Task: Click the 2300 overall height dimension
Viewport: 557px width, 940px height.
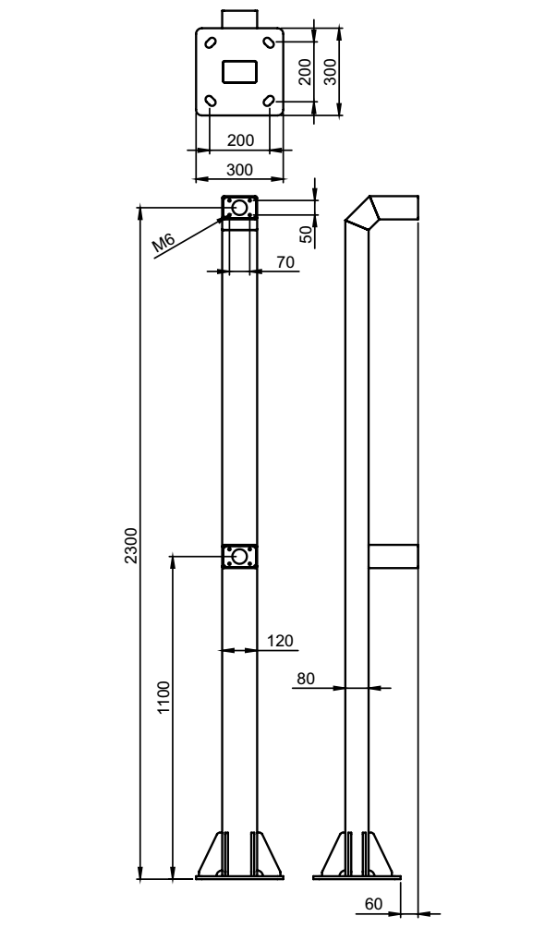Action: point(131,545)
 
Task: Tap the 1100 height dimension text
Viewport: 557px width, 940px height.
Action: point(163,697)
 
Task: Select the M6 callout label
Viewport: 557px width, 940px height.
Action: point(163,243)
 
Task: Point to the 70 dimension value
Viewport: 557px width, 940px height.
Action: point(285,262)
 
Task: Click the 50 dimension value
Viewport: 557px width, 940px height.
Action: point(307,235)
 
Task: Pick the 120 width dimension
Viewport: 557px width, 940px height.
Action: point(279,641)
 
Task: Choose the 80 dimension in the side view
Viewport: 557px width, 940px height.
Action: point(305,679)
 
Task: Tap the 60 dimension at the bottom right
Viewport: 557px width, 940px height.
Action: point(373,903)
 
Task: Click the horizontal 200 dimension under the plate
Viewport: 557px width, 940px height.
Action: point(240,140)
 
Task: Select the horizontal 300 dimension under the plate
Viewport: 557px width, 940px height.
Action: point(240,170)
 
